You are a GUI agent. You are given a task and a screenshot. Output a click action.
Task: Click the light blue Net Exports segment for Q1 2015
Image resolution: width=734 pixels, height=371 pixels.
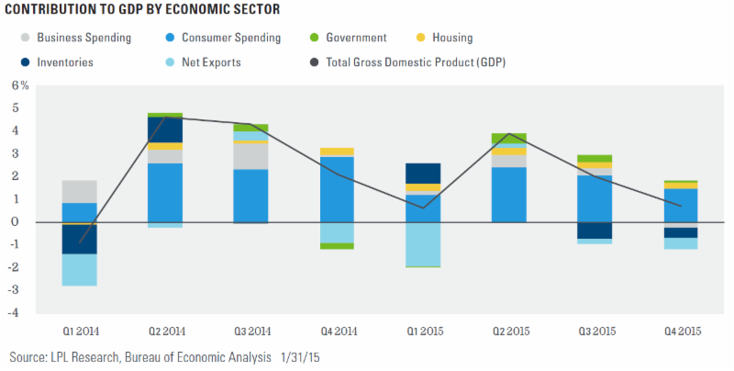(421, 243)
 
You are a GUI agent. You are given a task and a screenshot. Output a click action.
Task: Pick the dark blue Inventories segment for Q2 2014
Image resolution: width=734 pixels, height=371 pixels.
(165, 129)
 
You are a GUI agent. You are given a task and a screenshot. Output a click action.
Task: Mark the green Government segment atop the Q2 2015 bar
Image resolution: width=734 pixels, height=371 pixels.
(506, 138)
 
